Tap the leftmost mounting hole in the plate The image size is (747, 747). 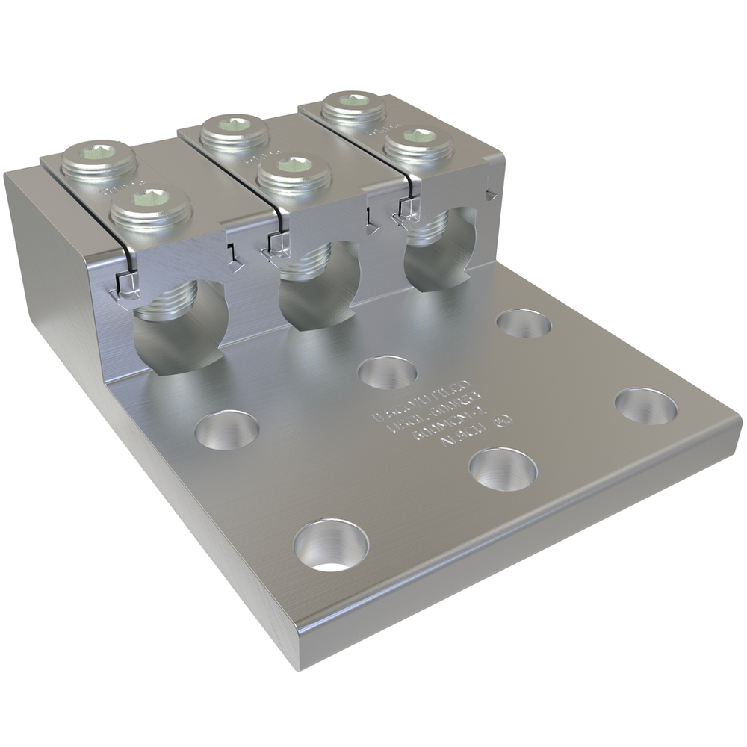227,430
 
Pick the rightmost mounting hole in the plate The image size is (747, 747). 646,406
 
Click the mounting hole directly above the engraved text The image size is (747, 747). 388,372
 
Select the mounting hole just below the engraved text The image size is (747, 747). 503,469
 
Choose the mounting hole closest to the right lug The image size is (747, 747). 524,323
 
